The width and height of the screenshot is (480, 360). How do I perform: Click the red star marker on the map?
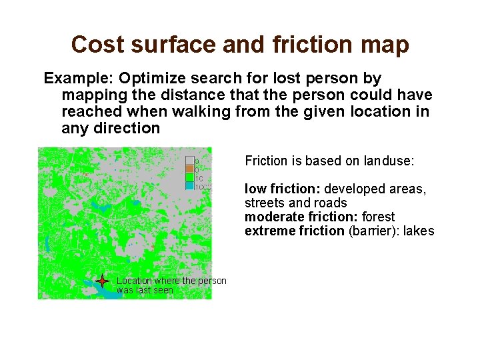102,281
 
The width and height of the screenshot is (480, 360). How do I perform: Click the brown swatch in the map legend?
189,169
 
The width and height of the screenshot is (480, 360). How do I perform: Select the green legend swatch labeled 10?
189,177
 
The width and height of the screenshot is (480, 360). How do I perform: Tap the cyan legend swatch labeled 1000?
189,186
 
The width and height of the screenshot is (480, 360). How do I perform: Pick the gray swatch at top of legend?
189,160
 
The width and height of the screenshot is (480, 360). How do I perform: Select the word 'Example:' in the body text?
78,78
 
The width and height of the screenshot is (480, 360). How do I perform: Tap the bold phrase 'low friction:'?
283,189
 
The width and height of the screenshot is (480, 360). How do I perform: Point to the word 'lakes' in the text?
419,231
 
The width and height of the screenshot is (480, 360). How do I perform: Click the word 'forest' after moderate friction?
378,217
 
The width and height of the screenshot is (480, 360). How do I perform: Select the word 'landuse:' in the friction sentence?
389,161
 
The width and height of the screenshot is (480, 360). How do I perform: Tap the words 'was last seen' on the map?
145,291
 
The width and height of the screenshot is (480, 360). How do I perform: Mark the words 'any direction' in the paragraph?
111,128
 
